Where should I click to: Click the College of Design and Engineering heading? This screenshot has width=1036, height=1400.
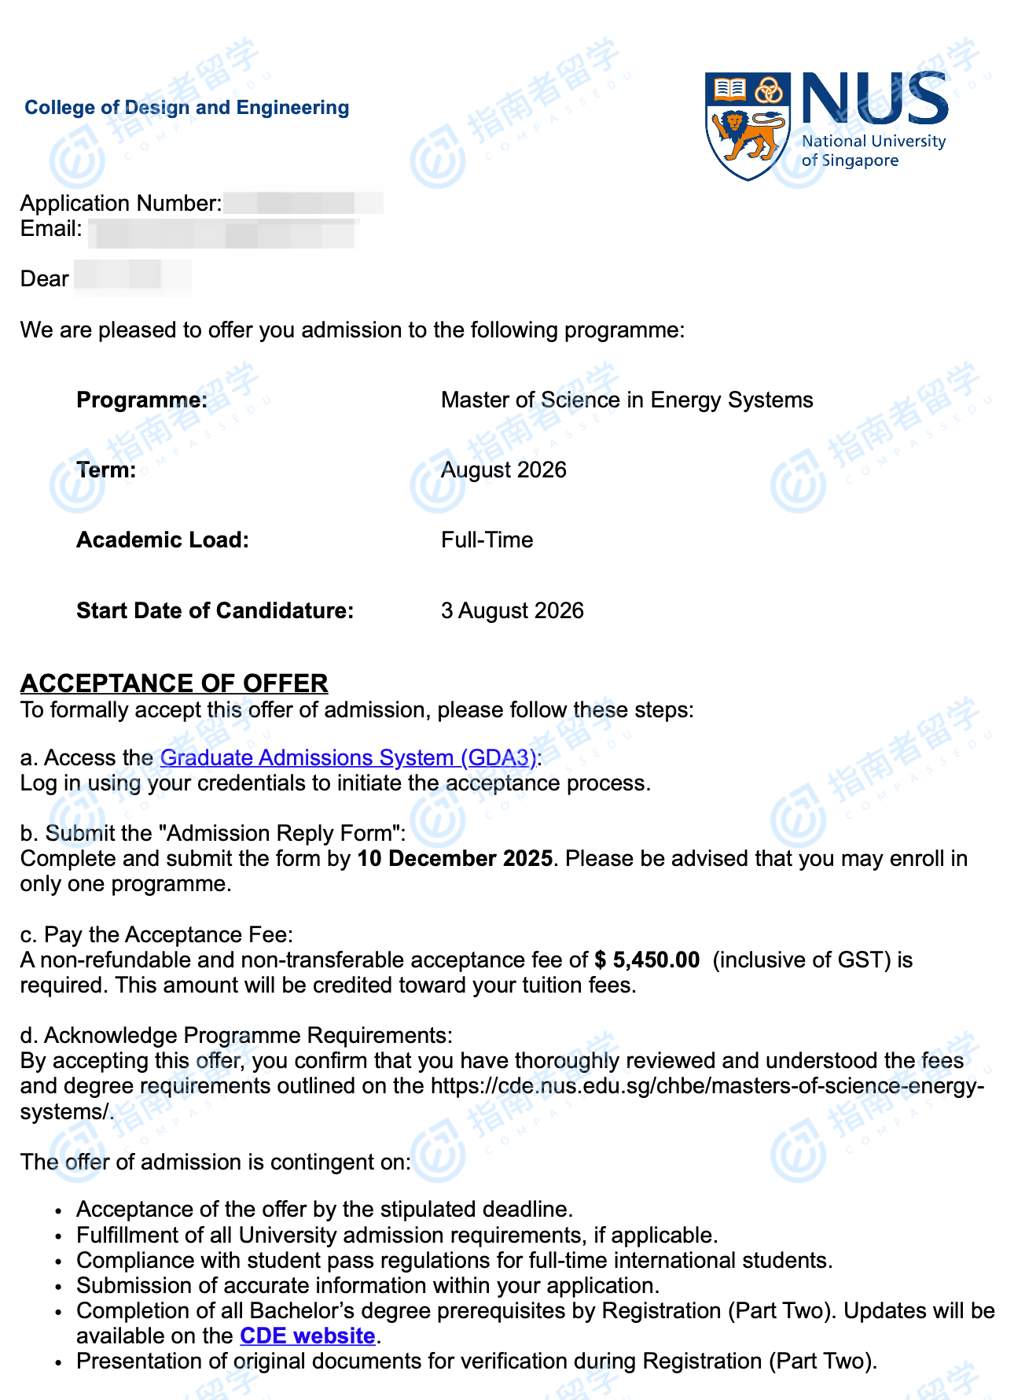[x=187, y=108]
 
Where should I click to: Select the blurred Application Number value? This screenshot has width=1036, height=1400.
[x=303, y=203]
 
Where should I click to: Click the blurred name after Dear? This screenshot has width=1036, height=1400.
[x=132, y=277]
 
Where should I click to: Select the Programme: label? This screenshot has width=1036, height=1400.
[x=141, y=400]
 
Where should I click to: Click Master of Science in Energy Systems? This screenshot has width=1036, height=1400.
[x=626, y=400]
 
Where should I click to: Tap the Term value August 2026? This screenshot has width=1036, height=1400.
[x=503, y=470]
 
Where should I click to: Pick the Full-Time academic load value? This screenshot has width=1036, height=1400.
[x=487, y=540]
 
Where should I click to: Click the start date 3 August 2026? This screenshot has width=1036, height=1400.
[x=512, y=611]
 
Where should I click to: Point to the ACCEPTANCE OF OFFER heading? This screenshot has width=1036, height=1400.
[x=174, y=683]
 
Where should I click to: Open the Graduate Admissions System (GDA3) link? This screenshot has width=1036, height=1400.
[x=348, y=757]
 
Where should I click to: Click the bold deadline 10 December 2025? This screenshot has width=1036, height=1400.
[x=454, y=858]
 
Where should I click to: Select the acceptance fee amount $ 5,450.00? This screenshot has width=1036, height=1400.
[x=647, y=960]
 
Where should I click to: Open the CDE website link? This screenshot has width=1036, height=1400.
[x=307, y=1336]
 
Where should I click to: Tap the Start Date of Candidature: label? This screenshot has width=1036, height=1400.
[x=215, y=611]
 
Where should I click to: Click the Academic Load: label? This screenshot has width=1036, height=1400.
[x=162, y=540]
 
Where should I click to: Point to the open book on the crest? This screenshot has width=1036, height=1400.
[x=729, y=89]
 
